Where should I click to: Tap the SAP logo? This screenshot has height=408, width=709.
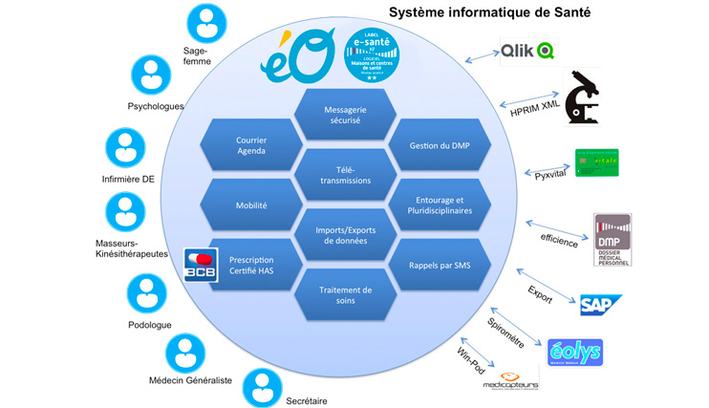coord(602,305)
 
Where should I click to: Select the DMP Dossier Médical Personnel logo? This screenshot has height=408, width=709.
coord(612,239)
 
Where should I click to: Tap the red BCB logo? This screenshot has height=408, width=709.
coord(201,265)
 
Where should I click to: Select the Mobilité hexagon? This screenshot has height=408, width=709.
coord(251,204)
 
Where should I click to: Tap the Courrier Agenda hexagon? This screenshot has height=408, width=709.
coord(251,145)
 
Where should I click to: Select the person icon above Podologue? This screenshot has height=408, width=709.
coord(147,292)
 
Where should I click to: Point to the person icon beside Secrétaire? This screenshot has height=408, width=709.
coord(261,387)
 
